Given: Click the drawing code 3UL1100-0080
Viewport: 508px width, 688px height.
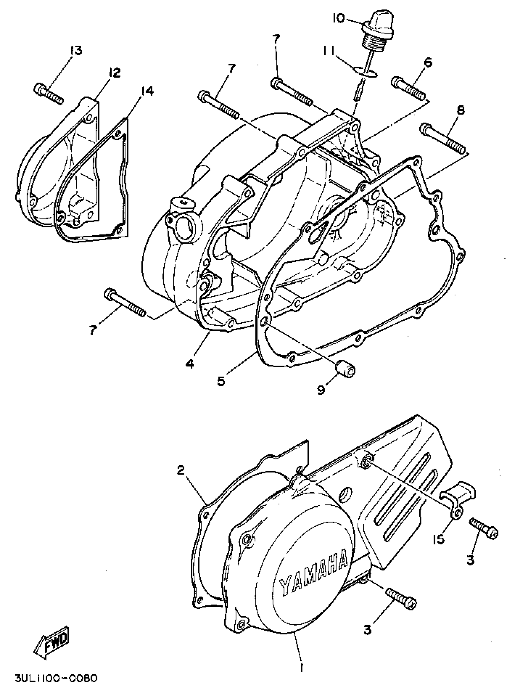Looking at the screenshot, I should [x=56, y=678].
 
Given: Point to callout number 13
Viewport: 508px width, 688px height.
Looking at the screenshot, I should [x=76, y=50].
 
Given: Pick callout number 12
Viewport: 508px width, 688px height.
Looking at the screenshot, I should [x=114, y=73].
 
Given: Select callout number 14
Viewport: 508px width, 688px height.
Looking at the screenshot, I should [x=147, y=91].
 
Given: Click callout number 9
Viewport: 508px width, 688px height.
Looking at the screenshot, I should [x=321, y=390].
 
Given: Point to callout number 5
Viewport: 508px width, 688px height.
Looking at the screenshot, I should [x=221, y=381].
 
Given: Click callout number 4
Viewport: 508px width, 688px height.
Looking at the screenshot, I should [x=190, y=364].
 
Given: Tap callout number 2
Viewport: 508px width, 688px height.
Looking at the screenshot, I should [x=181, y=470].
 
